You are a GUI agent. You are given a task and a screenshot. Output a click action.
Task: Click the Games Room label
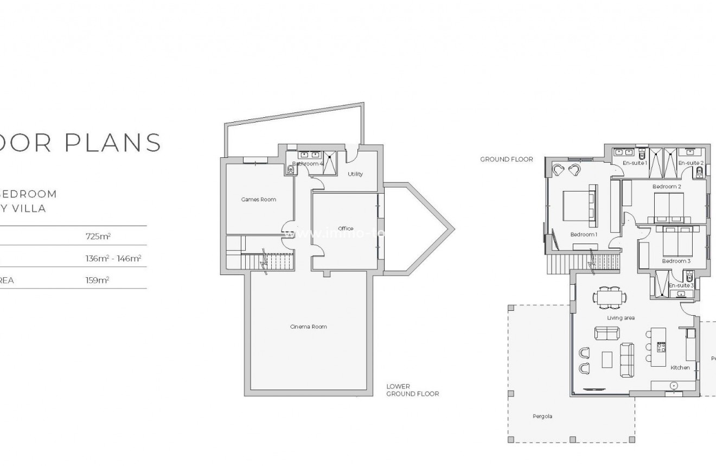click(258, 200)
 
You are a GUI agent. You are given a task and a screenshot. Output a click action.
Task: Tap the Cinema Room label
click(309, 327)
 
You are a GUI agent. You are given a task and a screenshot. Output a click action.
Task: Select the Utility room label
click(355, 174)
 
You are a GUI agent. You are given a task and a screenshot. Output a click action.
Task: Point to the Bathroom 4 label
click(308, 163)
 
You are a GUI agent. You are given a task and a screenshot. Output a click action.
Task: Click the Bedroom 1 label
click(584, 235)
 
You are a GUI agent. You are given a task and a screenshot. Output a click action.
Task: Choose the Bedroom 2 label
click(667, 187)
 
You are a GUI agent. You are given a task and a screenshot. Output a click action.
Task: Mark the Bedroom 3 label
click(676, 261)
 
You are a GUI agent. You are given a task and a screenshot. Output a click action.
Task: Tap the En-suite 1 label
click(635, 163)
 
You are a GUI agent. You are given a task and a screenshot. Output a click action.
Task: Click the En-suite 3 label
click(681, 285)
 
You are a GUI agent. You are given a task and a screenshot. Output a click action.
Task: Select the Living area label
click(621, 318)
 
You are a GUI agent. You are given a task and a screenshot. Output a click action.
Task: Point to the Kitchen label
click(680, 368)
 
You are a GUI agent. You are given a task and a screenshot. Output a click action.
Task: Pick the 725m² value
click(98, 237)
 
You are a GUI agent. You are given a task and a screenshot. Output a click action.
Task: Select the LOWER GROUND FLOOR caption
click(412, 390)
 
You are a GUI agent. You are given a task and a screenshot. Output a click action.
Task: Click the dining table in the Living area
click(609, 297)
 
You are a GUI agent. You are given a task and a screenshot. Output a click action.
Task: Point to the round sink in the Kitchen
click(674, 385)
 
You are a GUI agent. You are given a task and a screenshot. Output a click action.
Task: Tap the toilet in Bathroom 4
click(291, 170)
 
